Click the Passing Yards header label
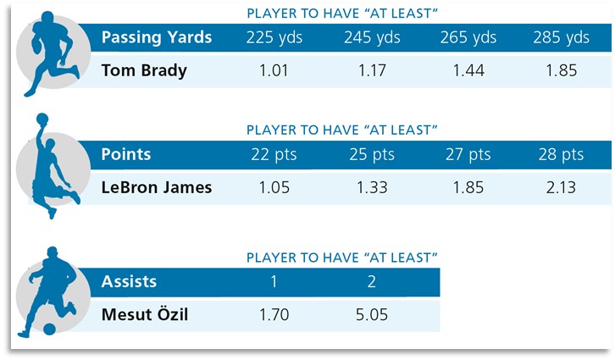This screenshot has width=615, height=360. click(156, 38)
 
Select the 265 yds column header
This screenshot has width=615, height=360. click(468, 38)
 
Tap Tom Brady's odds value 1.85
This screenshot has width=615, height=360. click(561, 70)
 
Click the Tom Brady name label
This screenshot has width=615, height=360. click(144, 70)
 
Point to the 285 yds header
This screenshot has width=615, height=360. click(561, 38)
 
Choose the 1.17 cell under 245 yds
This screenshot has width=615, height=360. click(371, 70)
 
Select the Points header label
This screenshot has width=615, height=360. click(126, 155)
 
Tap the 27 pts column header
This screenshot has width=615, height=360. click(468, 155)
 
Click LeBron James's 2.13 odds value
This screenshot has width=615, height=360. click(561, 187)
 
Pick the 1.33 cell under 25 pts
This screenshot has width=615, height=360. click(371, 187)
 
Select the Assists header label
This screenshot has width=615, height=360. click(129, 282)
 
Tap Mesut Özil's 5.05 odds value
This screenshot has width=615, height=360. click(371, 315)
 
